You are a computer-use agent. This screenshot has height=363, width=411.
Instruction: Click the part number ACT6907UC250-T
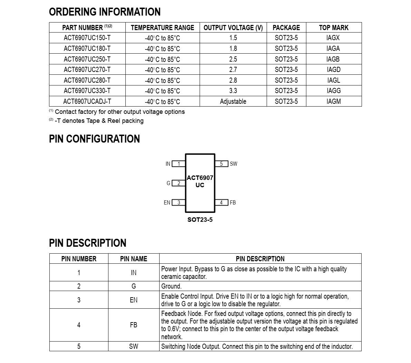pyautogui.click(x=87, y=59)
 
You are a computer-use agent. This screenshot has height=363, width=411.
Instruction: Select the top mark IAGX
pyautogui.click(x=333, y=38)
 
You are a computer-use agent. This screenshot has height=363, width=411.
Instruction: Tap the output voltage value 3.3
pyautogui.click(x=233, y=91)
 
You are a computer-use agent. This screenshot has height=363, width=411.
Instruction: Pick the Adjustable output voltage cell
pyautogui.click(x=233, y=102)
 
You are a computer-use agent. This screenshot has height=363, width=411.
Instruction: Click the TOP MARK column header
pyautogui.click(x=333, y=28)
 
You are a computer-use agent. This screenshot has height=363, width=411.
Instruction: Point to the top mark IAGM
pyautogui.click(x=333, y=102)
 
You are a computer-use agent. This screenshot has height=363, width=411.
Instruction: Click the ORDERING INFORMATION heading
pyautogui.click(x=105, y=12)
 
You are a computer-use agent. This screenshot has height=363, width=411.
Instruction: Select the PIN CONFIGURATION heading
pyautogui.click(x=94, y=139)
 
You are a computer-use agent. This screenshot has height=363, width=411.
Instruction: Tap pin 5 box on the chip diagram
pyautogui.click(x=221, y=164)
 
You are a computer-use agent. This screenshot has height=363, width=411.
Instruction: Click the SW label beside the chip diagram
pyautogui.click(x=233, y=164)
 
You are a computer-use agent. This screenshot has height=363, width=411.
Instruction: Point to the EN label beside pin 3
pyautogui.click(x=167, y=203)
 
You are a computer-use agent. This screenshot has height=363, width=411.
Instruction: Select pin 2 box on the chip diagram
pyautogui.click(x=179, y=183)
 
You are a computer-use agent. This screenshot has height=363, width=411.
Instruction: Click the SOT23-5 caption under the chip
pyautogui.click(x=200, y=220)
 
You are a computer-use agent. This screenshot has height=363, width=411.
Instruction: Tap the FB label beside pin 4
pyautogui.click(x=233, y=203)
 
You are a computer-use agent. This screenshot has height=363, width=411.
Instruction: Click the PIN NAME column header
pyautogui.click(x=134, y=259)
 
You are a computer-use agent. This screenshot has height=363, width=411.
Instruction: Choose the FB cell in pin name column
pyautogui.click(x=134, y=325)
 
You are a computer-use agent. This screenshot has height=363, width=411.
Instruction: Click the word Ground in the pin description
pyautogui.click(x=171, y=286)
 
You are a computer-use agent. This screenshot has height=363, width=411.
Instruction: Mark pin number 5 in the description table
pyautogui.click(x=79, y=346)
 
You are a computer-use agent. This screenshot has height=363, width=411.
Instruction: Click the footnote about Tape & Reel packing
pyautogui.click(x=99, y=121)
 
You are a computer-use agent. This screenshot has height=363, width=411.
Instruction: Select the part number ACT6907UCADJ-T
pyautogui.click(x=87, y=102)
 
